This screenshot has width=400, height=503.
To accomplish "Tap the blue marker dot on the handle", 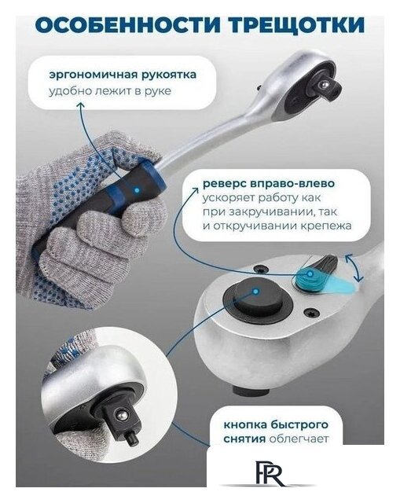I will pyautogui.click(x=137, y=189).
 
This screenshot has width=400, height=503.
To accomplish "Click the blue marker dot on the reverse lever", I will pyautogui.click(x=311, y=276).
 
